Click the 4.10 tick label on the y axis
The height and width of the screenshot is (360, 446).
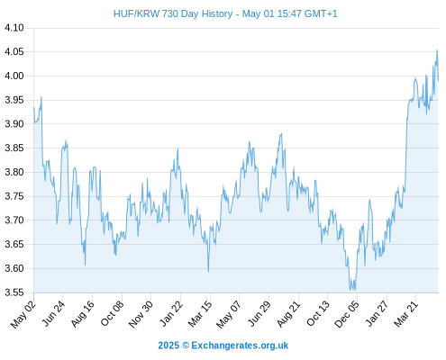tap(14, 28)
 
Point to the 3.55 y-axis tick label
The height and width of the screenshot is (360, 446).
tap(14, 292)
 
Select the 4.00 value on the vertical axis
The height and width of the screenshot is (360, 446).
tap(14, 76)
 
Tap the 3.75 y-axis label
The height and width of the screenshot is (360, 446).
tap(14, 196)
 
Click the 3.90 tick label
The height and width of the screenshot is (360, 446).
tap(14, 124)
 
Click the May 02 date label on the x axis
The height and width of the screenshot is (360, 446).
tap(23, 314)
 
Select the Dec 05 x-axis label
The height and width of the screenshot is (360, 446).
tap(347, 314)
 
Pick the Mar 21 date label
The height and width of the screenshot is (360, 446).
tap(405, 314)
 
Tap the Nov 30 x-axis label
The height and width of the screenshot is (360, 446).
tap(141, 314)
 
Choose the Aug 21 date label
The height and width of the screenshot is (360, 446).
tap(288, 314)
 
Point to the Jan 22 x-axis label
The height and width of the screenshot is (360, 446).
tap(170, 314)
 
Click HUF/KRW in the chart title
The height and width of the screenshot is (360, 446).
tap(136, 13)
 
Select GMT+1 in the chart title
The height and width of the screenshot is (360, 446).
tap(321, 13)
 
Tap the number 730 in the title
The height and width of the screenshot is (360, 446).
tap(170, 13)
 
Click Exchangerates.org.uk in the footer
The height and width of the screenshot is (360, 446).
tap(240, 346)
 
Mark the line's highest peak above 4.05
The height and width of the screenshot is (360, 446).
tap(437, 50)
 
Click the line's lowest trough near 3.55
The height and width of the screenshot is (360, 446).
tap(350, 290)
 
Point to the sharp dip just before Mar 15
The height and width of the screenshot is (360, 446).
tap(208, 272)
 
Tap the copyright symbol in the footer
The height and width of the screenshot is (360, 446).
tap(186, 346)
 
